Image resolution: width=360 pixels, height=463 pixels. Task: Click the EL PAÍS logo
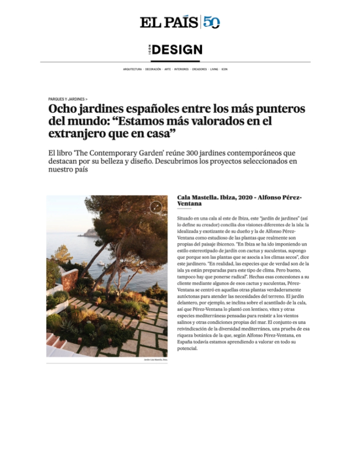click(169, 22)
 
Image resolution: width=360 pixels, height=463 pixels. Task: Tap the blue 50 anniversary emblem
click(211, 22)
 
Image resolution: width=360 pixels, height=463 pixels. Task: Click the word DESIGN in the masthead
click(177, 50)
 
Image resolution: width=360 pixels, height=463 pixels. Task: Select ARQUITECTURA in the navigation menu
click(132, 69)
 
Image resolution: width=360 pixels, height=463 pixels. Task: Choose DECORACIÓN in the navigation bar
click(153, 69)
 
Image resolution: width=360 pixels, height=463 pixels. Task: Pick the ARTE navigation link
click(168, 69)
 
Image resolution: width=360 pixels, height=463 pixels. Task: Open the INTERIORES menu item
click(182, 69)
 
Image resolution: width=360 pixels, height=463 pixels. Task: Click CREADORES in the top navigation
click(200, 69)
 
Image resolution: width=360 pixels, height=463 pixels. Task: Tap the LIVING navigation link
click(214, 69)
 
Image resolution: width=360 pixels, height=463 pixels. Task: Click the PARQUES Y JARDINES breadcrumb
click(67, 99)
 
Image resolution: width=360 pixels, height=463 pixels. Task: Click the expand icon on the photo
click(156, 207)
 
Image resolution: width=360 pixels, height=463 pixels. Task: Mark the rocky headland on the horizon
click(91, 232)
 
